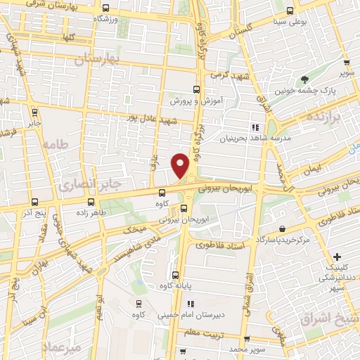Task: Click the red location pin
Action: coord(180,165)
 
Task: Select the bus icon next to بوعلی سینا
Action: coord(290,11)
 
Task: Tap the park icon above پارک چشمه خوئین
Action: coord(304,79)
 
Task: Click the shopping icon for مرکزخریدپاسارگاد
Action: coord(282,229)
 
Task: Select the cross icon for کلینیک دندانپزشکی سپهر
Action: coord(338,257)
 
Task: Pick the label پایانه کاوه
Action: coord(176,287)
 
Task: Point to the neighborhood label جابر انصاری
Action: coord(81,185)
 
